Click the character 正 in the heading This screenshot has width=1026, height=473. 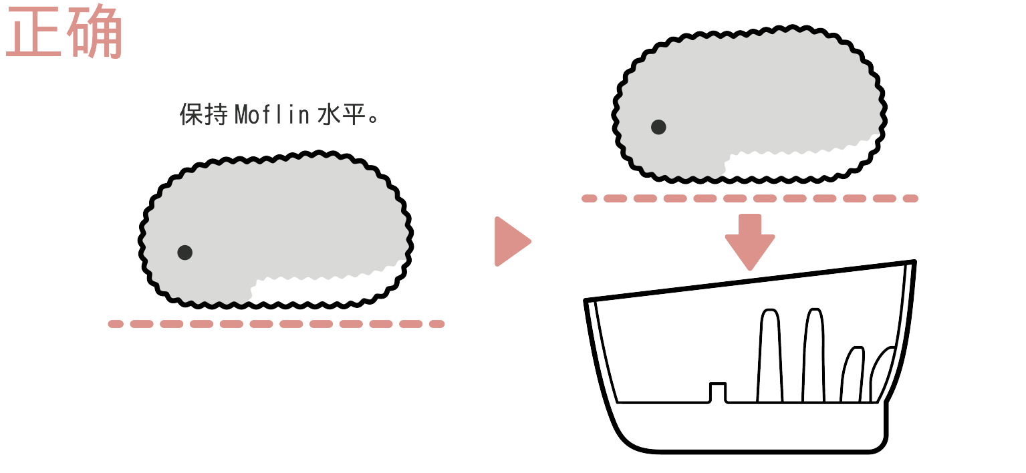click(x=33, y=31)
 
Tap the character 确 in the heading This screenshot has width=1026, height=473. click(x=95, y=31)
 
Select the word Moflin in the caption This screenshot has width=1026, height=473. click(x=272, y=114)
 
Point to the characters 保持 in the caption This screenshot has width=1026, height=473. click(x=203, y=114)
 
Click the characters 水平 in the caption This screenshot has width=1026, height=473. click(x=342, y=114)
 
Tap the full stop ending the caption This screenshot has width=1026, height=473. click(x=373, y=119)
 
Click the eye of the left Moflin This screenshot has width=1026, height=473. click(x=184, y=253)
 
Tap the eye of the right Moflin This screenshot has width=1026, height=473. click(x=658, y=127)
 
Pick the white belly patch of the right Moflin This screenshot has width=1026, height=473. click(x=797, y=160)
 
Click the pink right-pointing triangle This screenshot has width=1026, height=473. click(x=512, y=241)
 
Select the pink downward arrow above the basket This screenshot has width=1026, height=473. click(x=750, y=242)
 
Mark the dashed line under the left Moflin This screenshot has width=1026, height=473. click(x=276, y=324)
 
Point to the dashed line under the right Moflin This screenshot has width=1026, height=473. click(x=750, y=198)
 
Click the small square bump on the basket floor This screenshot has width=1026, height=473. click(x=718, y=392)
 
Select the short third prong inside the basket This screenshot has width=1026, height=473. click(x=852, y=375)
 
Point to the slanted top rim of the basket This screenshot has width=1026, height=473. click(x=750, y=280)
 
